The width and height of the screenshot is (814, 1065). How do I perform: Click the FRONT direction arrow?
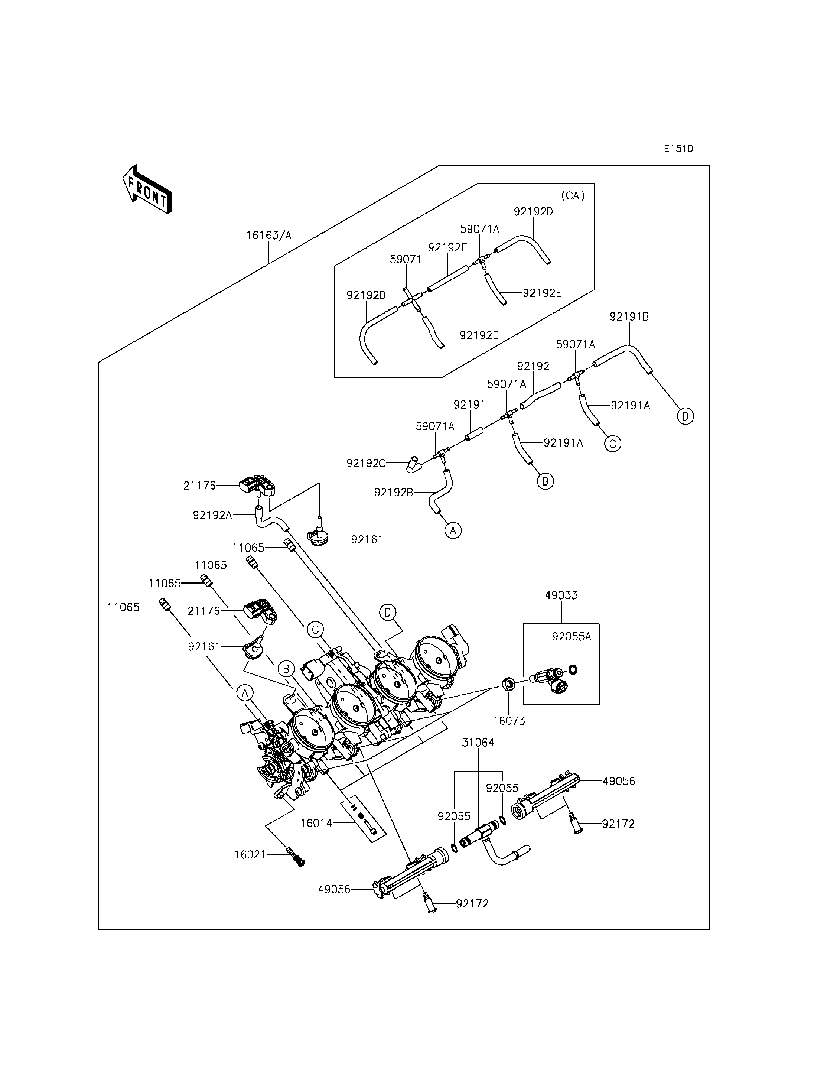[147, 189]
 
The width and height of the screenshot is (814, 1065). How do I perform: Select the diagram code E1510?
[678, 149]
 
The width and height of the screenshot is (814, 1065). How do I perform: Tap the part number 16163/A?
[269, 236]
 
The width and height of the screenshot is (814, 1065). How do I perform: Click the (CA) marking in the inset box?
[573, 196]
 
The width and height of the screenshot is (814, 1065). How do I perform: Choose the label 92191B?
[629, 316]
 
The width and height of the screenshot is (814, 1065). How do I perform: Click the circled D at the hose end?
[686, 416]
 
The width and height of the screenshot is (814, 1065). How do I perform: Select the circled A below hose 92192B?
[453, 531]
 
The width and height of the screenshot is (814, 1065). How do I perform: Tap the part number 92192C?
[366, 464]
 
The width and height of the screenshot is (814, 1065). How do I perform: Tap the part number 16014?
[316, 823]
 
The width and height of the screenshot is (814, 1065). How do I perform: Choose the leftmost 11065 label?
[124, 608]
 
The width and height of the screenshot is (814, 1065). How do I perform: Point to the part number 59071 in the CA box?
[406, 260]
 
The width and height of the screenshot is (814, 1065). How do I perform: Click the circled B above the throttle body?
[286, 669]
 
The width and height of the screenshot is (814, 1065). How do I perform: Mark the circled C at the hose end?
[613, 444]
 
